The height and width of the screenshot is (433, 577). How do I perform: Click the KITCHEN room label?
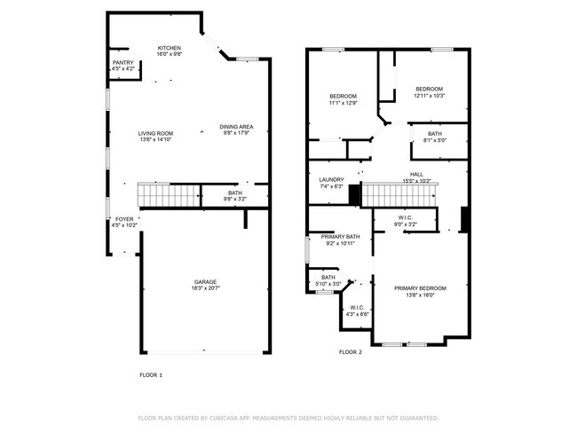coord(170,48)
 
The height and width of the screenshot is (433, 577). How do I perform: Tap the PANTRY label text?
coord(123,62)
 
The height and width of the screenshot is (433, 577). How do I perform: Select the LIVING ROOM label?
coord(154,134)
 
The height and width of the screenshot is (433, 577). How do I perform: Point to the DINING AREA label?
coord(236,127)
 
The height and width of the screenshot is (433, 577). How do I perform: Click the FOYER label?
coord(123,218)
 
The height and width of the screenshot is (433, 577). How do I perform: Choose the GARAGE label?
coord(205,282)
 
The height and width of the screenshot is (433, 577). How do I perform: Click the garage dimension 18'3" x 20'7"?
coord(205,288)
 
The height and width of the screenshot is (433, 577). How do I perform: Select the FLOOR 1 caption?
coord(151,374)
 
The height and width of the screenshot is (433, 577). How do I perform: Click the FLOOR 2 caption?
coord(351,352)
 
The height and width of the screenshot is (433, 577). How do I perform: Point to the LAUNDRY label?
coord(331,179)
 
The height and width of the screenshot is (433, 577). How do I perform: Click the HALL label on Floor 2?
coord(416,174)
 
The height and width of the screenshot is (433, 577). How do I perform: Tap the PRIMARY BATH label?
coord(341,237)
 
